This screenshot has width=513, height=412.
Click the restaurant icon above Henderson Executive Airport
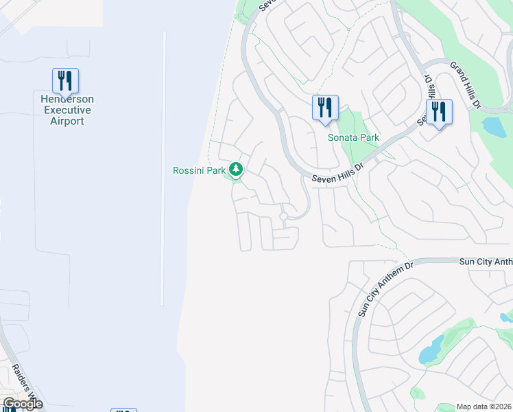click(x=65, y=81)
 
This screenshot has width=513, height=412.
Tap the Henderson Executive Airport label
click(x=67, y=111)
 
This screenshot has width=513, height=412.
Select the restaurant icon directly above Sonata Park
click(x=325, y=108)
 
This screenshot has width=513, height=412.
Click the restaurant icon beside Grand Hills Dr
click(x=439, y=113)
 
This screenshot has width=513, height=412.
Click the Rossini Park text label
click(x=199, y=170)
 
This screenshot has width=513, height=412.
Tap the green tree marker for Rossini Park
click(x=236, y=168)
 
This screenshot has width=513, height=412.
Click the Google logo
click(x=22, y=404)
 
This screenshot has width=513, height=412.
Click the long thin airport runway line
click(x=163, y=168)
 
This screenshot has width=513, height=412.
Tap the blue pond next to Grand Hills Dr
click(x=494, y=126)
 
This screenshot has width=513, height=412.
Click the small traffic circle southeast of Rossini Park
click(x=283, y=217)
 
